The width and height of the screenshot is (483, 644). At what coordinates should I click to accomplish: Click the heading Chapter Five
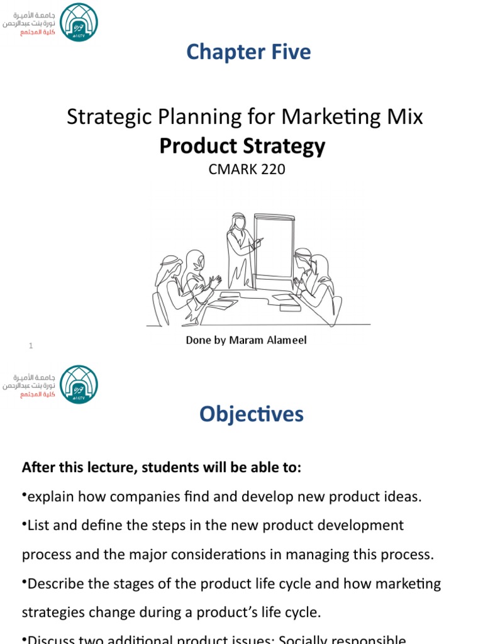click(x=248, y=52)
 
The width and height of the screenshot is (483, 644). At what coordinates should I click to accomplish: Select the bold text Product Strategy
click(x=242, y=146)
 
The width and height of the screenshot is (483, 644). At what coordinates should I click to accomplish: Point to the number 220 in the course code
click(x=272, y=169)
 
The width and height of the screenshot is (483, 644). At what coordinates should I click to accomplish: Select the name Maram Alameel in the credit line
click(x=267, y=340)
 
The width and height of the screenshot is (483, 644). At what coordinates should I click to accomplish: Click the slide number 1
click(x=31, y=346)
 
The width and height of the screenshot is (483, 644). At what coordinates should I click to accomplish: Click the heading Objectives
click(x=252, y=414)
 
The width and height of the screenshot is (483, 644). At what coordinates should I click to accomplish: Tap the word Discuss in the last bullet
click(x=52, y=639)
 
